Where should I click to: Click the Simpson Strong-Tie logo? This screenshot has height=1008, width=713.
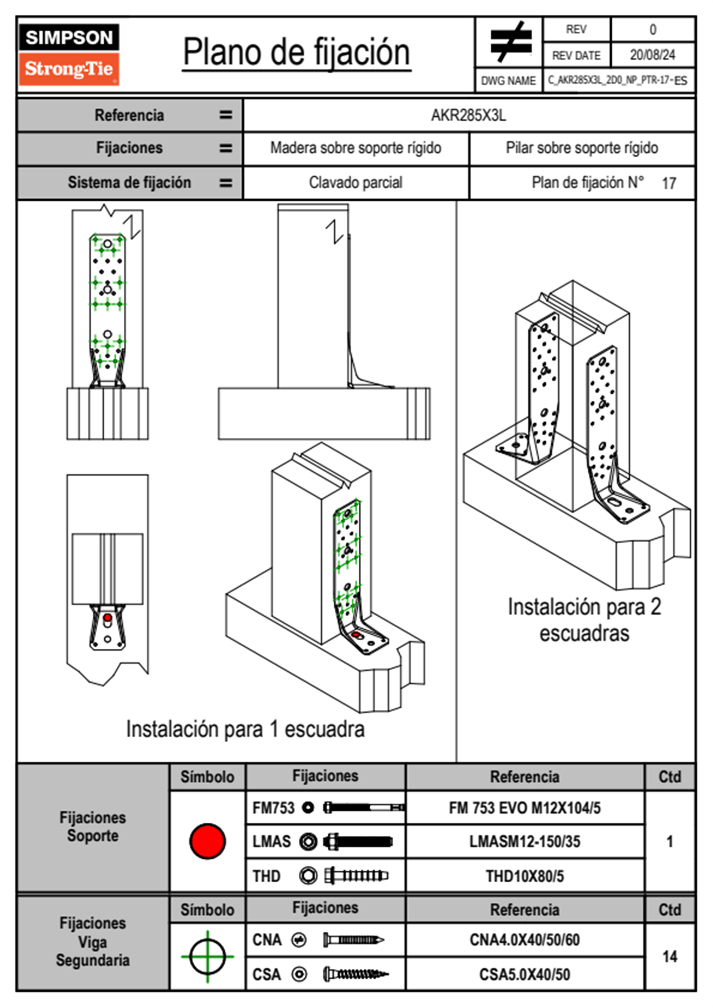tap(69, 55)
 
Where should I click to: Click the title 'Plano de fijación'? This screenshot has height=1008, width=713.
tap(297, 52)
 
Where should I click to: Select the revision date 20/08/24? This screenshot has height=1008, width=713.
tap(652, 55)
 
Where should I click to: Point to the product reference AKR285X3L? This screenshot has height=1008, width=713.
tap(469, 115)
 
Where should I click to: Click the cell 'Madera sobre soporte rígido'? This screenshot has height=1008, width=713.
tap(356, 148)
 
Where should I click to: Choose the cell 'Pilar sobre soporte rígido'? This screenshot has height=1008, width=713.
tap(582, 148)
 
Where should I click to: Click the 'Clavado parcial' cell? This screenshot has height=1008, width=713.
tap(356, 182)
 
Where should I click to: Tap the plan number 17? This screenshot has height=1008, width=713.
tap(669, 183)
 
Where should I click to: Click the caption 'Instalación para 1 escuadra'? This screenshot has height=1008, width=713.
tap(245, 729)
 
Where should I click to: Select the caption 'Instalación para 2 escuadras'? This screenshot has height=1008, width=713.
tap(584, 620)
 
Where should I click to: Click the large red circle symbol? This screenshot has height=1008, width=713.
tap(207, 841)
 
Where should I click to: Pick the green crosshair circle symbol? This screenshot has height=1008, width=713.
tap(207, 956)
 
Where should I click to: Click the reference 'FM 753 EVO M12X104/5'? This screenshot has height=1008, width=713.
tap(524, 808)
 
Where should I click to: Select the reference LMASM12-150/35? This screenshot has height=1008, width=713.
tap(524, 841)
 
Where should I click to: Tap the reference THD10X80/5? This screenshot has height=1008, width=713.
tap(524, 876)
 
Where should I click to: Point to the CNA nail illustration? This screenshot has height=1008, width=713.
tap(354, 940)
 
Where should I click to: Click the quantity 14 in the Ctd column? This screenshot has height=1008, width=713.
tap(669, 956)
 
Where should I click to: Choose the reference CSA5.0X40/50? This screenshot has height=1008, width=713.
tap(524, 974)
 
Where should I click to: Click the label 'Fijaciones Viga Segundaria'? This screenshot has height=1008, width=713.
tap(92, 941)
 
